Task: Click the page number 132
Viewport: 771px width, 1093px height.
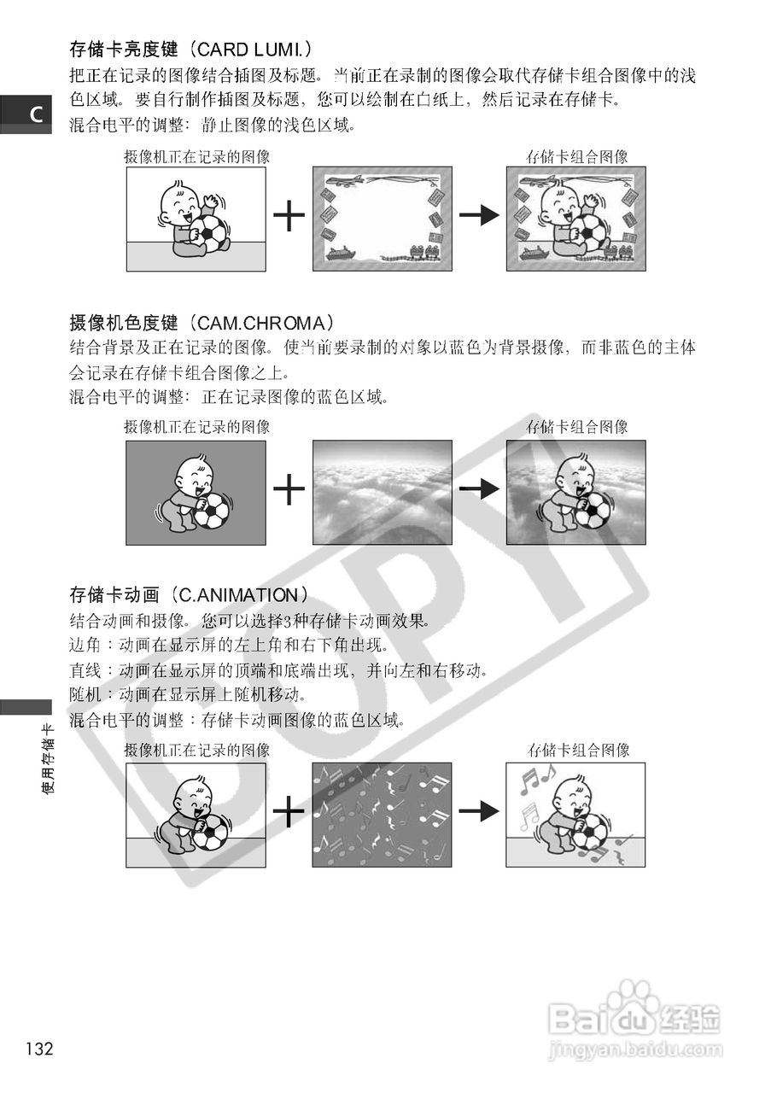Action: [39, 1049]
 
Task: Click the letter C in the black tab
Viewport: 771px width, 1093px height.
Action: [36, 114]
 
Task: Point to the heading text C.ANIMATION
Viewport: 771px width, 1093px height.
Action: [236, 594]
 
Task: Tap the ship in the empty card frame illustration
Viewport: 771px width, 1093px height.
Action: [340, 253]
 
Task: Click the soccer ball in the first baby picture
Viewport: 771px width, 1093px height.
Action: [207, 234]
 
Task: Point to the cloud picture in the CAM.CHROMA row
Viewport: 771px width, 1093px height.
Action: [382, 492]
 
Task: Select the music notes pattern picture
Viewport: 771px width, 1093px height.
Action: [382, 814]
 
